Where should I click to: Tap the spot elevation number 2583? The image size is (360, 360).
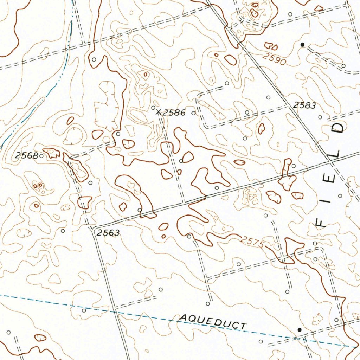coord(305,105)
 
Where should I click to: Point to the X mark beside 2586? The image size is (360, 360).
coord(159,112)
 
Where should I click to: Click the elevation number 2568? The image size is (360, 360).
coord(26,156)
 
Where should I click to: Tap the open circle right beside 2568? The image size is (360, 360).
coord(41,155)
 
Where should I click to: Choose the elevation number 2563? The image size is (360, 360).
coord(108,232)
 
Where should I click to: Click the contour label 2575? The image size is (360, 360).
coord(253,242)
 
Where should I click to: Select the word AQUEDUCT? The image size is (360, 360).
coord(213,322)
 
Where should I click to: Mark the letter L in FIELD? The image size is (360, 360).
coord(336,153)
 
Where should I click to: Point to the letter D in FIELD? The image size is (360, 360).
coord(340,127)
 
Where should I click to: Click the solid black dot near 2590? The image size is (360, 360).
coord(302,45)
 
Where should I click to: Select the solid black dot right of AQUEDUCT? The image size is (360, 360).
coord(300,330)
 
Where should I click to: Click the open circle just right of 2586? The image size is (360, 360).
coord(193,113)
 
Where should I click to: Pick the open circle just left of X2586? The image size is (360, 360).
coord(153,108)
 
